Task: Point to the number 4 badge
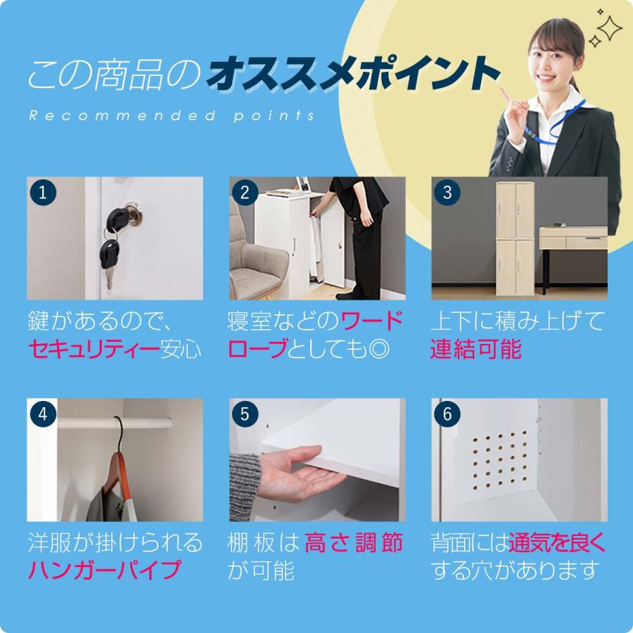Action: (42, 414)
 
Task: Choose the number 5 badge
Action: (245, 414)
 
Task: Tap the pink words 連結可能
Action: (476, 349)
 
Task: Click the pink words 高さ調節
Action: (354, 543)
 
